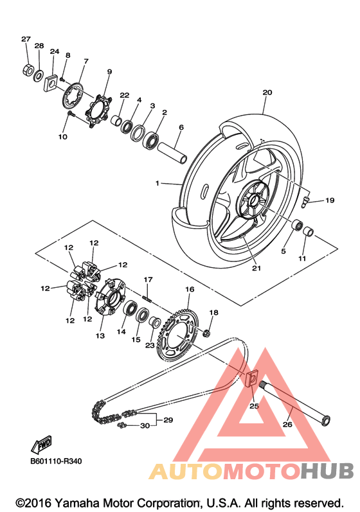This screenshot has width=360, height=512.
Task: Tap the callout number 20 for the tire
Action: click(267, 93)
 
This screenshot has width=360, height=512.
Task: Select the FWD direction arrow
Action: click(41, 444)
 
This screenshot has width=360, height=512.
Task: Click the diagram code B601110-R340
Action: click(56, 461)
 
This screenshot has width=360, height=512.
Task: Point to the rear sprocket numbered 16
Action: click(178, 335)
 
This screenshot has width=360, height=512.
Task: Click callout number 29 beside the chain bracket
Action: click(168, 420)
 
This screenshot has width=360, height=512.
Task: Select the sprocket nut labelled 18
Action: click(206, 333)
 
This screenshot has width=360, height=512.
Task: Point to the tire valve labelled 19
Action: click(305, 201)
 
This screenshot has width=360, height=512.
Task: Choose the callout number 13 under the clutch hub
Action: click(100, 335)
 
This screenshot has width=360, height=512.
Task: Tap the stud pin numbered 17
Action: click(147, 299)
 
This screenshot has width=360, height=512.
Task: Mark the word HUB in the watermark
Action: click(327, 471)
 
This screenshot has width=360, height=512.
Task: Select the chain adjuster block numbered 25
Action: click(251, 379)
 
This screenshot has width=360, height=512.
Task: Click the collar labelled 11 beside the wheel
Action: click(309, 231)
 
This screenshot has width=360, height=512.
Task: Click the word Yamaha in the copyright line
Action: click(76, 503)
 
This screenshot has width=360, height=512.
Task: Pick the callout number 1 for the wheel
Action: click(157, 183)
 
